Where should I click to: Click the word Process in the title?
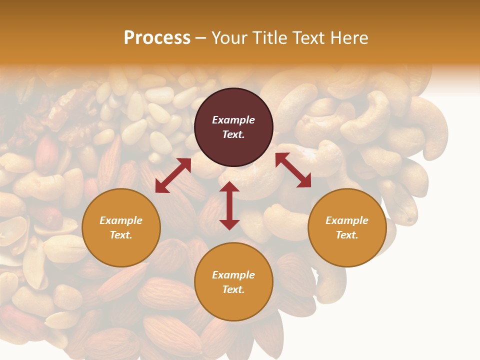(157, 38)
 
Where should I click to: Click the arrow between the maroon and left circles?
(173, 175)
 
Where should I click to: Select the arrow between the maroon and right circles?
(293, 170)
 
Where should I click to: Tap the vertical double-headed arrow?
(229, 205)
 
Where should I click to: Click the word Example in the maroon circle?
(233, 120)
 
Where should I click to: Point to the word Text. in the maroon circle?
(233, 134)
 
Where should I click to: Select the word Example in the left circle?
(121, 220)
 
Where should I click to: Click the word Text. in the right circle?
(347, 235)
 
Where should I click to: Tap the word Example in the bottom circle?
(233, 275)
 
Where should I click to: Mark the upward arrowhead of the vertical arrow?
(229, 186)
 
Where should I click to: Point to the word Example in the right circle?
(347, 220)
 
